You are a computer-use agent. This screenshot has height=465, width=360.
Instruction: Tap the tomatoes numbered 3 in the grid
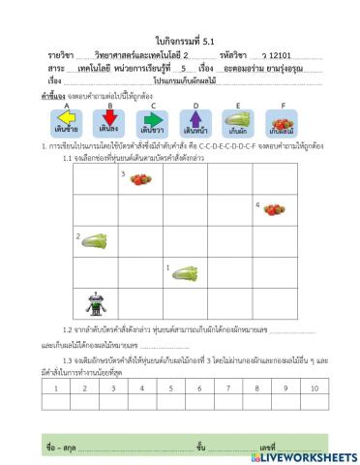(141, 178)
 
